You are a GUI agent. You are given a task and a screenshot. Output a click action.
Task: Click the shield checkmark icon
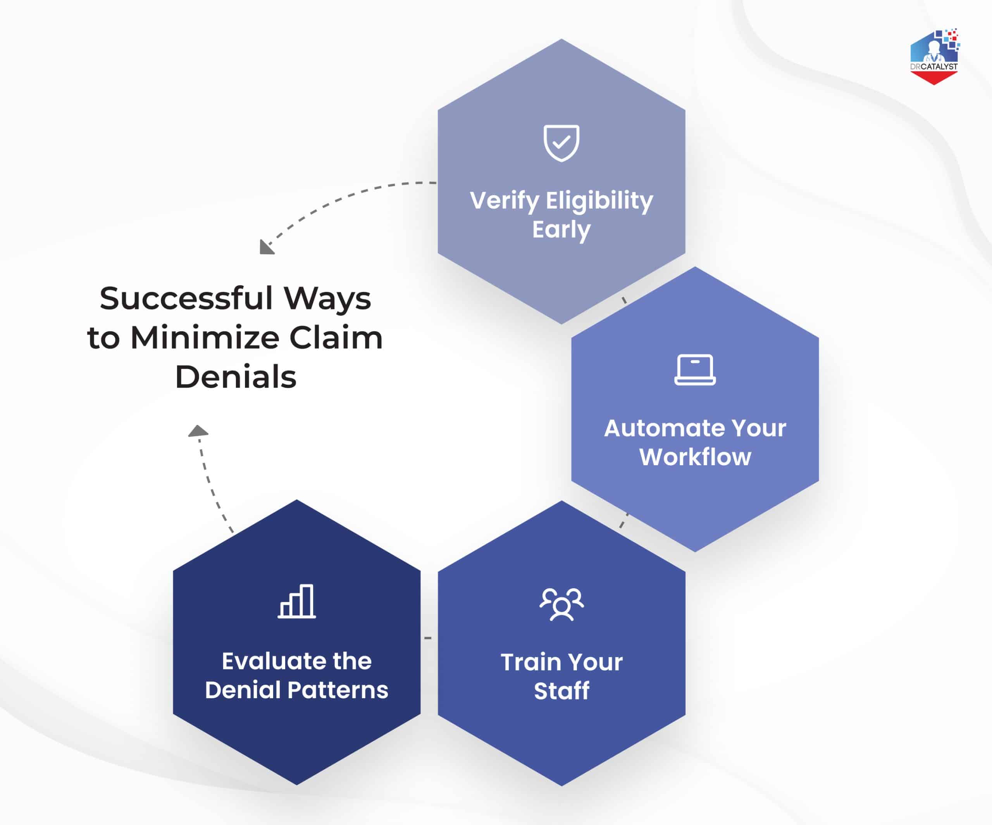pos(561,143)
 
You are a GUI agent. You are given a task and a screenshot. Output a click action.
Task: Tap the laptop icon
pos(695,369)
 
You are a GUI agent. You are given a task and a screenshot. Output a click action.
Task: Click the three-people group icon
pos(561,604)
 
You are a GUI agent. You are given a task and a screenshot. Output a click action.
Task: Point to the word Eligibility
pos(599,201)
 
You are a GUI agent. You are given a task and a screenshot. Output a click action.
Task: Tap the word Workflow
pos(695,457)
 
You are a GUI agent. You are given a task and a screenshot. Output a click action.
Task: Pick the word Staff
pos(561,691)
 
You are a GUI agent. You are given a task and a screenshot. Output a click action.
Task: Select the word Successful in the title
pos(186,299)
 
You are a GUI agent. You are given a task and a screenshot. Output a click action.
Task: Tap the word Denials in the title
pos(235,377)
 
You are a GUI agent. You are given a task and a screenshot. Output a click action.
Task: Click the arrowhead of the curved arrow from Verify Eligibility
pos(266,248)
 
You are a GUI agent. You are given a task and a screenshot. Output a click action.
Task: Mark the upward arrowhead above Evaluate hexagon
pos(198,431)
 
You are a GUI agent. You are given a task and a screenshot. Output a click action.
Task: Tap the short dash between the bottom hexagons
pos(428,638)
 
